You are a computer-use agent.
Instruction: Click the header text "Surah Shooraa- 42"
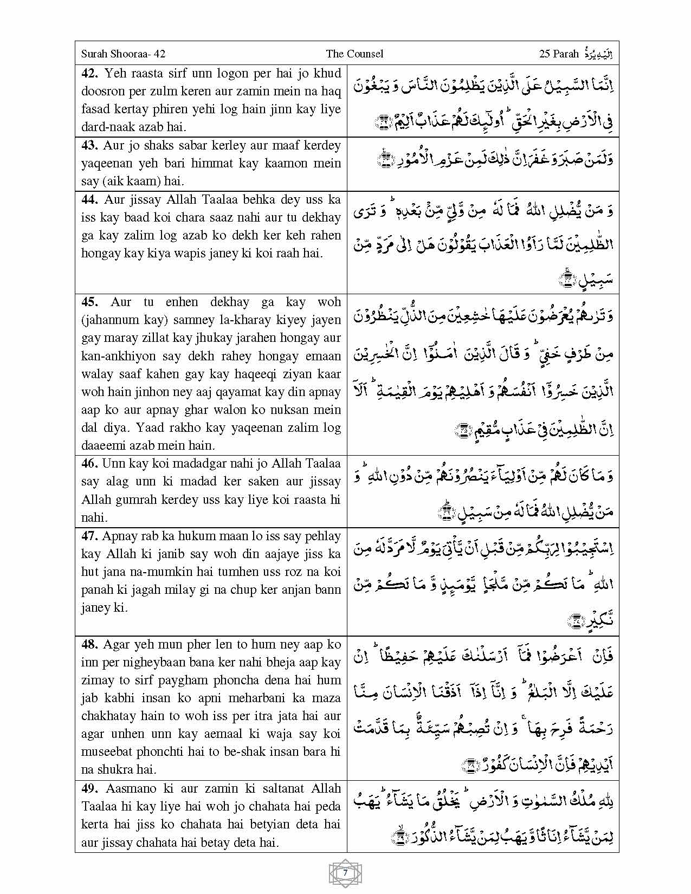tap(123, 54)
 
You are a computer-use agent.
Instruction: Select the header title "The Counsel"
tap(354, 54)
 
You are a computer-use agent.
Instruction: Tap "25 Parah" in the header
tap(559, 54)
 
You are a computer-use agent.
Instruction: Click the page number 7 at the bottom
tap(345, 873)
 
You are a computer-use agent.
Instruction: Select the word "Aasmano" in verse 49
tap(129, 789)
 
